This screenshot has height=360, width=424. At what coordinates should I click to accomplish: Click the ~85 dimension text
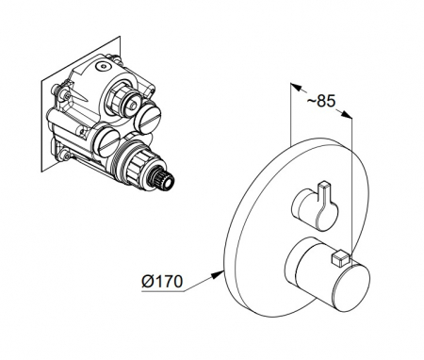tap(321, 102)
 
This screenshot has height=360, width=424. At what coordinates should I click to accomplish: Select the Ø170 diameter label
tap(162, 281)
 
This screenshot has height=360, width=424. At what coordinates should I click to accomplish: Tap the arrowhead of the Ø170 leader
tap(217, 274)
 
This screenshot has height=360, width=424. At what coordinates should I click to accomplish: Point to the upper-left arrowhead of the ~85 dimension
tap(296, 87)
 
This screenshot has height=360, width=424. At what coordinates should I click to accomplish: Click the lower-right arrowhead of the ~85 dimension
tap(346, 115)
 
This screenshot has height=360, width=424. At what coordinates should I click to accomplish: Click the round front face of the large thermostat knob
tap(351, 288)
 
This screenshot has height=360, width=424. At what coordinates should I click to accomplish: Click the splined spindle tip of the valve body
tap(163, 182)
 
